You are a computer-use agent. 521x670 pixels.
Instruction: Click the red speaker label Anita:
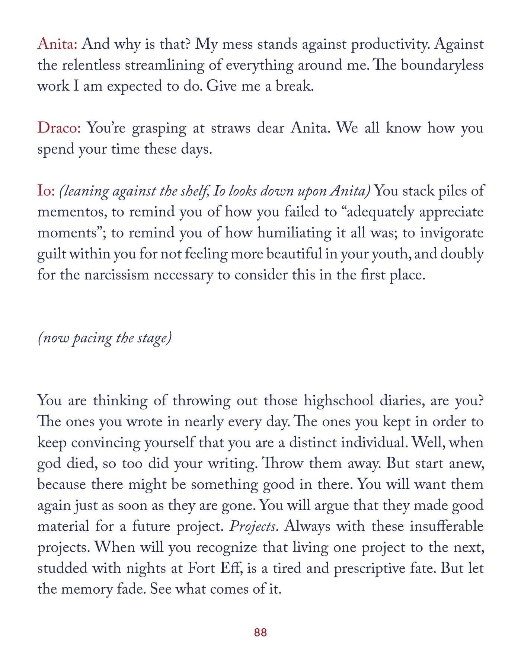[57, 44]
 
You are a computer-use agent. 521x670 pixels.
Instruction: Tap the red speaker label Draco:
[59, 128]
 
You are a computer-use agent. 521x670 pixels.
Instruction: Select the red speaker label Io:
[46, 191]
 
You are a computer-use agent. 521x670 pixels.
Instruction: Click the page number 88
[260, 632]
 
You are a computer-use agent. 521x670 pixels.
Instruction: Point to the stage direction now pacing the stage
[105, 338]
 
